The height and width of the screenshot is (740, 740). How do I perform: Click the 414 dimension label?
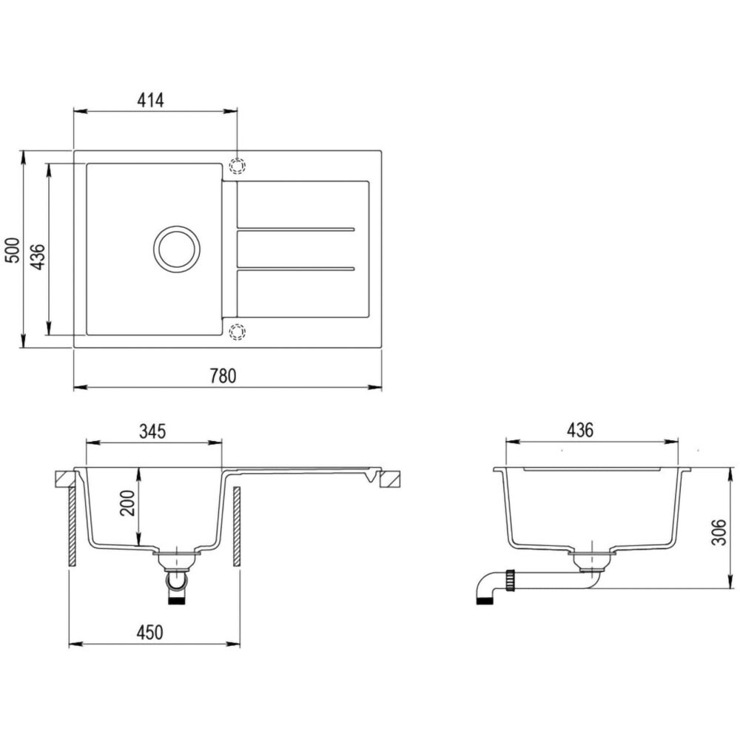[x=150, y=100]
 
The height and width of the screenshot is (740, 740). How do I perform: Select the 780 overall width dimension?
[x=222, y=376]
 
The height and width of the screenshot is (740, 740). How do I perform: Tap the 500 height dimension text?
[x=13, y=250]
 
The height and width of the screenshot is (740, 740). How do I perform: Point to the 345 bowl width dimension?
[x=152, y=431]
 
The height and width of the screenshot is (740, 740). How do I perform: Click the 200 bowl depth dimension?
[x=127, y=503]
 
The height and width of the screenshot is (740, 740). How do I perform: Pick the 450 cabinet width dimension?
[x=149, y=633]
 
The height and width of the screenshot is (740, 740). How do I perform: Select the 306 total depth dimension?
[x=719, y=532]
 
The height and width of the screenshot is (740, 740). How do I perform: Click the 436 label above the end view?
[x=580, y=430]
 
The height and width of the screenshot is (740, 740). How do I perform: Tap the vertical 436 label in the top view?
[x=37, y=258]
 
